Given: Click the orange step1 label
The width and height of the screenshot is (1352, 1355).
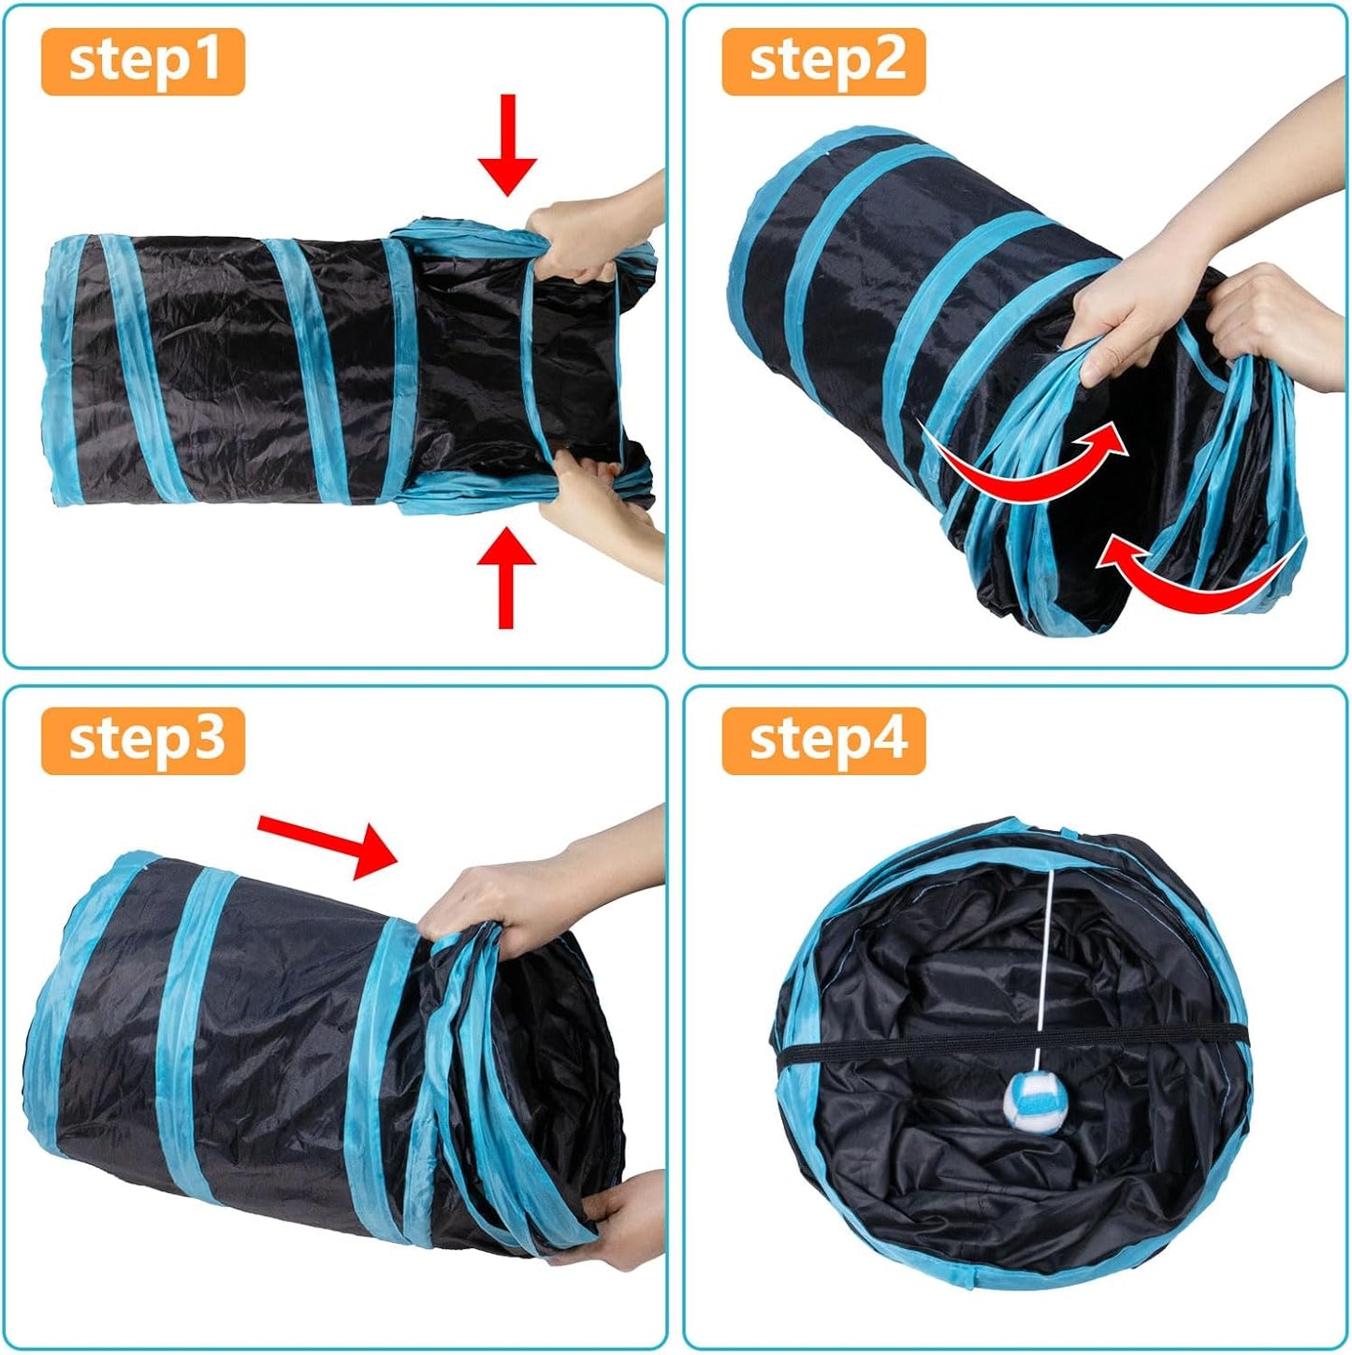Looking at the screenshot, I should point(142,62).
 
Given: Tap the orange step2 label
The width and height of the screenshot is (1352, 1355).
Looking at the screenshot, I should point(823,62).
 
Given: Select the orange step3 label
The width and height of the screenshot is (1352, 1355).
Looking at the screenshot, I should point(142,740).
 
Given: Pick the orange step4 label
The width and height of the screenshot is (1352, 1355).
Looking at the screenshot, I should point(823,740).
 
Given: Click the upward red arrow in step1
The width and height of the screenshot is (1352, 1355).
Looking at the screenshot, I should point(506,576).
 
